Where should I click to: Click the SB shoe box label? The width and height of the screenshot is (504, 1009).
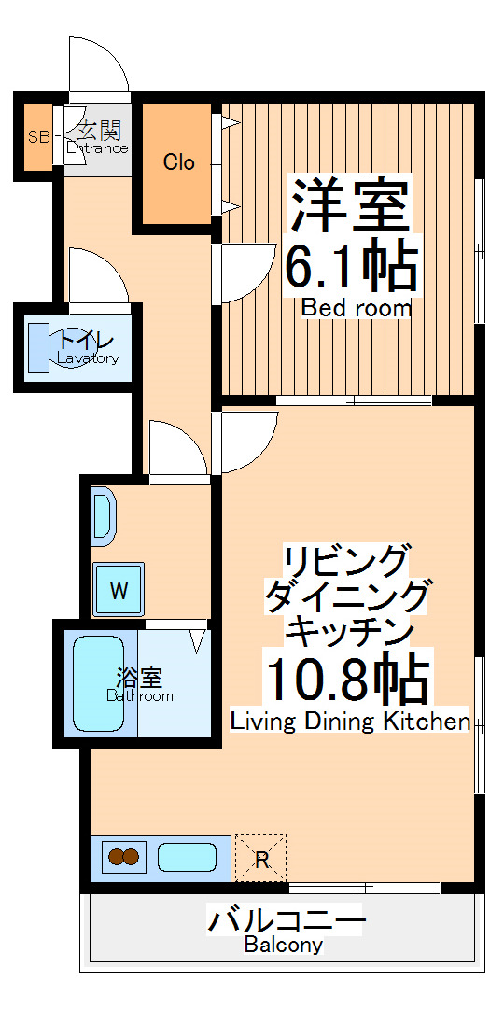[x=37, y=137]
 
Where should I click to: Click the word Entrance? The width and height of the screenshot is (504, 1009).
[x=97, y=148]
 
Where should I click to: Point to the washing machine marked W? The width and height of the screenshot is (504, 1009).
[x=119, y=589]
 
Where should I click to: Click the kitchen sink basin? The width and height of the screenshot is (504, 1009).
[x=187, y=856]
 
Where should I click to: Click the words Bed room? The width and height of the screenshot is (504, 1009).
[x=356, y=308]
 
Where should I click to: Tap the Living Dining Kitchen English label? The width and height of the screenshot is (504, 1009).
[x=350, y=722]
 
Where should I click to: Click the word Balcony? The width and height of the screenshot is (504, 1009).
[x=284, y=945]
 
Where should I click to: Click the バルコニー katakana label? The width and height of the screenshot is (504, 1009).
[x=286, y=921]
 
